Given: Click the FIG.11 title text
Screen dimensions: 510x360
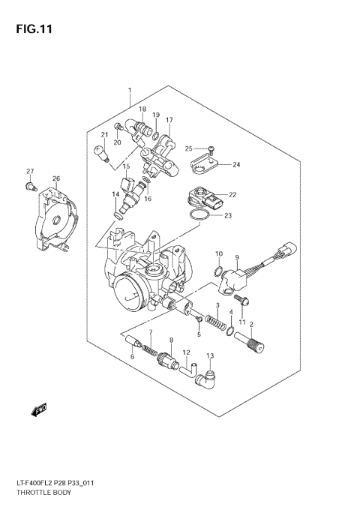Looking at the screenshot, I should pos(31,31).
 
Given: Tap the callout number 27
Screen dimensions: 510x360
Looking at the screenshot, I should pos(31,172).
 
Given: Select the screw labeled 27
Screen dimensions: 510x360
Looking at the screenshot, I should pos(30,184).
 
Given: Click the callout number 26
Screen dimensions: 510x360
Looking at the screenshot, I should pos(55,178).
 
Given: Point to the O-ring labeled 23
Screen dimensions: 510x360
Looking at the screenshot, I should pos(198,217).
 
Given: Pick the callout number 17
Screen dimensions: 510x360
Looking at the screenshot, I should pos(169,120).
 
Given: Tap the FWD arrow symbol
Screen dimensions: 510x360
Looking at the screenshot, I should pos(38,409).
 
